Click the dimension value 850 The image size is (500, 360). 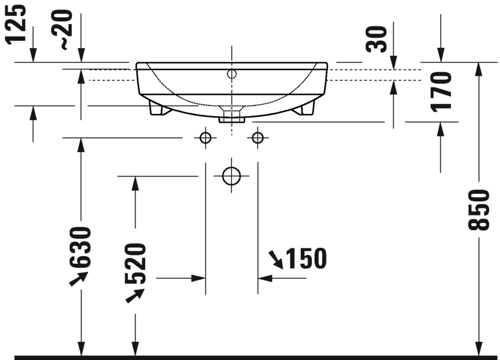click(482, 210)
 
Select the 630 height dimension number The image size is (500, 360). click(80, 247)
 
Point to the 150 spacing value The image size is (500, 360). click(305, 258)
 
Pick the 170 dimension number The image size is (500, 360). click(442, 90)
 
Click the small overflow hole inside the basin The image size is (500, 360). click(231, 74)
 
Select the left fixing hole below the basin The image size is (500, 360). click(205, 138)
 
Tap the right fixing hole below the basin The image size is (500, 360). click(257, 138)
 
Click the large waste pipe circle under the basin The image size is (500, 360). click(231, 176)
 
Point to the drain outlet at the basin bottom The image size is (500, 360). click(231, 115)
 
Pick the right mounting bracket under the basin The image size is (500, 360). click(306, 108)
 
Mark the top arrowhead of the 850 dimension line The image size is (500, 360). click(479, 68)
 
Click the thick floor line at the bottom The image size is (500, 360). click(250, 357)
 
